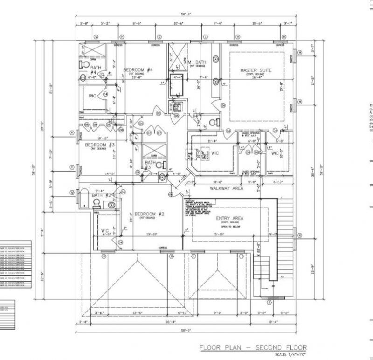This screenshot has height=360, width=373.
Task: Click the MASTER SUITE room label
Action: tap(256, 70)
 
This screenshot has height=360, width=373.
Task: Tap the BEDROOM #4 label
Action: tap(138, 70)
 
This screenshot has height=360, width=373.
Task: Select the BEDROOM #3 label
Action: tap(99, 145)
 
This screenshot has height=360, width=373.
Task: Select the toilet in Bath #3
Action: tap(159, 165)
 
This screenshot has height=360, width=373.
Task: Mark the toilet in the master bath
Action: tap(215, 122)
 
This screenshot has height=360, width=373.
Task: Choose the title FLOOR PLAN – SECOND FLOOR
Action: tap(253, 347)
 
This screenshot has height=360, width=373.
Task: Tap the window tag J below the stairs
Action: tap(269, 302)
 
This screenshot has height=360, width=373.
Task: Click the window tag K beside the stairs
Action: tap(300, 235)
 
